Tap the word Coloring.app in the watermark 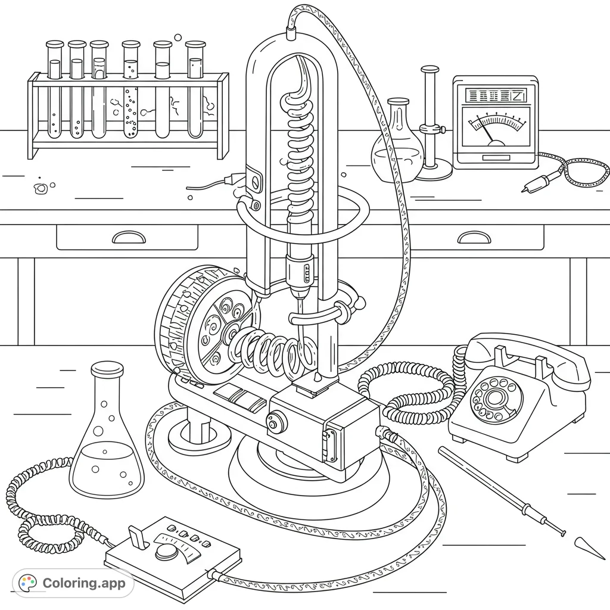(84, 583)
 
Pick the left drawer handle (128, 238)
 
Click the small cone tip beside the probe (581, 543)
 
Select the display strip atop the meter (494, 95)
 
